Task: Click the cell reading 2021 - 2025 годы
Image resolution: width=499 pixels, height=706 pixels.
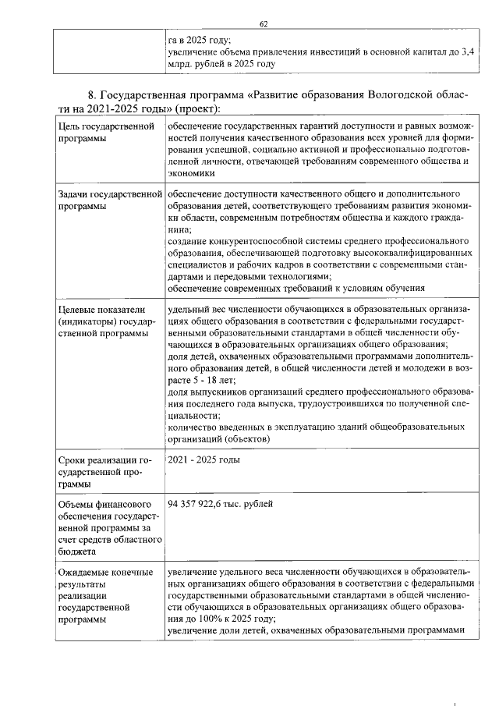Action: pyautogui.click(x=203, y=460)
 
